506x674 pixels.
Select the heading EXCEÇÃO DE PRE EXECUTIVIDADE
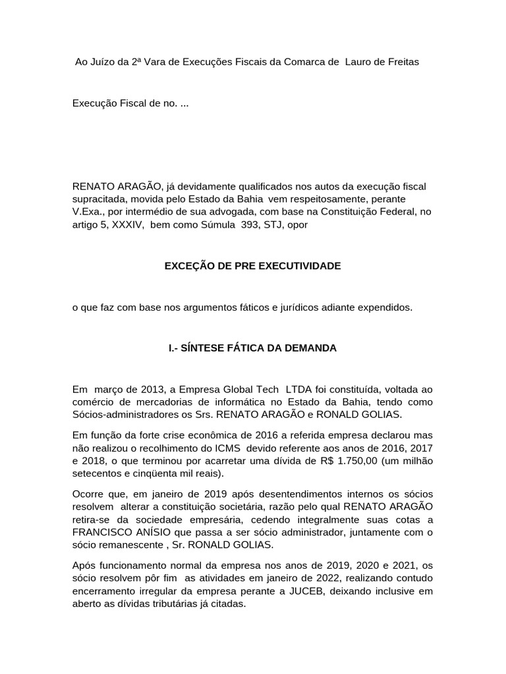point(252,266)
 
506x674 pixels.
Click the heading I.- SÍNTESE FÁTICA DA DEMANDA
point(252,348)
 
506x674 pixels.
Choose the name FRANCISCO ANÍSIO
point(117,533)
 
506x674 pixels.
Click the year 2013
point(144,390)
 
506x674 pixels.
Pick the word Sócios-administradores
point(125,415)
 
